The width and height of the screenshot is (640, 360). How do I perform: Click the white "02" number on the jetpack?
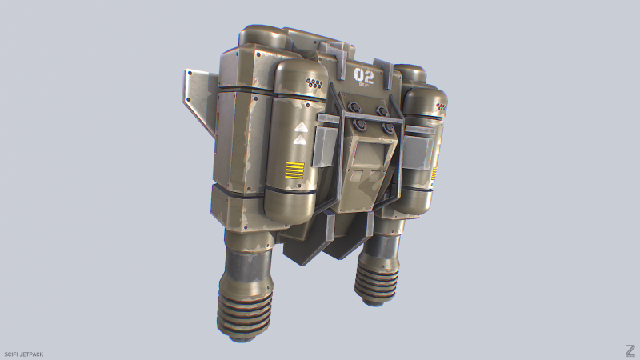tap(365, 76)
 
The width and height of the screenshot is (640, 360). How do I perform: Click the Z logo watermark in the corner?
tap(630, 350)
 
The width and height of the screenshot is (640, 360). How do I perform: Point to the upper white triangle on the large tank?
tap(301, 127)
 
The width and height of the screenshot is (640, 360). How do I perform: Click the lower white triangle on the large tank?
tap(301, 140)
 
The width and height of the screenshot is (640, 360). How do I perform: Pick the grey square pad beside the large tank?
tap(326, 144)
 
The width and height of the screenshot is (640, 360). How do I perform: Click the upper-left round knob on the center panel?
tap(357, 110)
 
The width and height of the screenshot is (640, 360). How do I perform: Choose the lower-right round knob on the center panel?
tap(390, 128)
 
